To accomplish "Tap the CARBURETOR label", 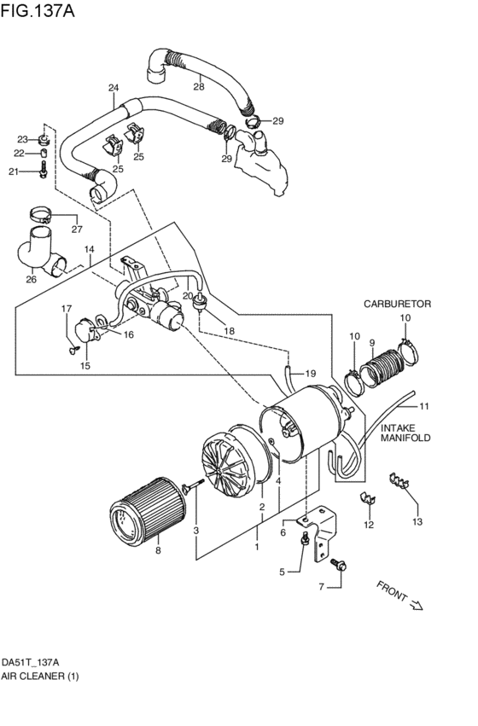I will [x=397, y=304].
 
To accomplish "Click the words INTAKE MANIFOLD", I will [x=405, y=433].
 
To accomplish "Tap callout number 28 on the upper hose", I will [x=198, y=86].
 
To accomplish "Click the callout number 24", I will [x=114, y=88].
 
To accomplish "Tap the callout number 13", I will [x=417, y=520].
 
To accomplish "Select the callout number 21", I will [x=14, y=172].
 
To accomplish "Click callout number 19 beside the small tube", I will [x=311, y=374].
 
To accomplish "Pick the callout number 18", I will [x=229, y=330].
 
